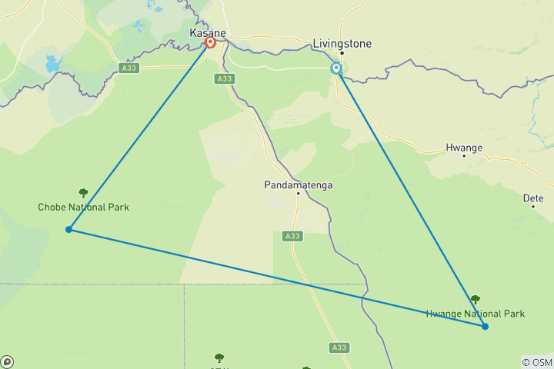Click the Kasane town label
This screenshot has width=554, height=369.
tap(206, 33)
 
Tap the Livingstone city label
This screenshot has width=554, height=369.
tap(342, 43)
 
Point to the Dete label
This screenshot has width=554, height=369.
tap(533, 198)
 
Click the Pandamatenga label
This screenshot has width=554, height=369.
tap(298, 184)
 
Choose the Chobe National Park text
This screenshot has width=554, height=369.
tap(84, 207)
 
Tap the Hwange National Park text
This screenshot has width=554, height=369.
tap(476, 313)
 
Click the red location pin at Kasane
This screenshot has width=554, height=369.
tap(210, 43)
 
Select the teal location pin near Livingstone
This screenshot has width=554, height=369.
tap(336, 68)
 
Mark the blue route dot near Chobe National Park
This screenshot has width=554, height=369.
tap(69, 229)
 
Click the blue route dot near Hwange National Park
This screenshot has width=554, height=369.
tap(486, 327)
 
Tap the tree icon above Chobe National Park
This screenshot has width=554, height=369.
tap(83, 193)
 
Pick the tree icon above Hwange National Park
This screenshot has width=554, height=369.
tap(475, 299)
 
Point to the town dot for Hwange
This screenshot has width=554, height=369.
tap(464, 156)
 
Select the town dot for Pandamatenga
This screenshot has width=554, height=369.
tap(298, 194)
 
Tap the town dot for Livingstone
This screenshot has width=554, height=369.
tap(342, 53)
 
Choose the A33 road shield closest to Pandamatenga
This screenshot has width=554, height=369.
tap(292, 236)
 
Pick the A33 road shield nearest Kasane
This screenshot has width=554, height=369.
tap(224, 78)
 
